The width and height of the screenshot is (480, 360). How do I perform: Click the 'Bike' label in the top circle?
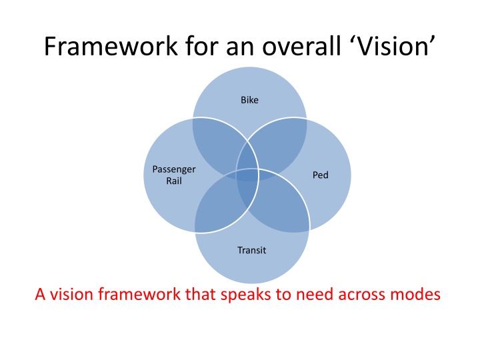[x=249, y=100]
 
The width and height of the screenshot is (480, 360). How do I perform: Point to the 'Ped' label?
[x=321, y=175]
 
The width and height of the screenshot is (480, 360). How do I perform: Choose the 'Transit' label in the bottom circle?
[x=251, y=251]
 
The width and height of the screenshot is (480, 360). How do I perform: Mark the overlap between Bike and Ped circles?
[x=280, y=143]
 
